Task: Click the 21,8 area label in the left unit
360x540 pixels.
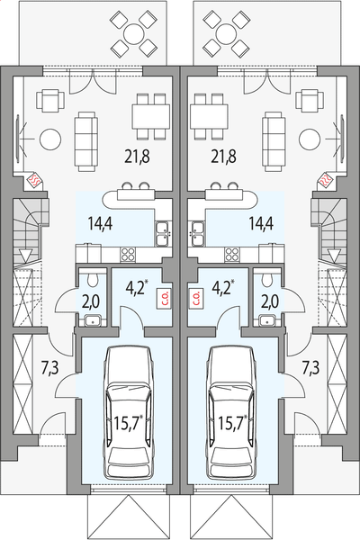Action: point(137,157)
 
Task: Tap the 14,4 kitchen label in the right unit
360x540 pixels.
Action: point(261,223)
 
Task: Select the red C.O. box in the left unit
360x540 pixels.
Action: point(164,298)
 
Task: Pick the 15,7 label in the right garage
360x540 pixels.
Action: point(233,423)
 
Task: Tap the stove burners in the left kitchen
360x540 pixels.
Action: point(128,256)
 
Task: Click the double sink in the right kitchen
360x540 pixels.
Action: point(198,234)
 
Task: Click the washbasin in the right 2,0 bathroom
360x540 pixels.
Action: point(267,320)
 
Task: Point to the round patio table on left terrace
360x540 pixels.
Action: point(134,34)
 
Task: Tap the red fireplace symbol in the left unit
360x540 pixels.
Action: point(35,179)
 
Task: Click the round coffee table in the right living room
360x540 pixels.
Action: point(310,139)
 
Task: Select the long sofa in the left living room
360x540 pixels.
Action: point(86,141)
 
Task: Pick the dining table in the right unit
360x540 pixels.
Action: point(209,116)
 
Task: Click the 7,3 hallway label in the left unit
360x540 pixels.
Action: point(50,367)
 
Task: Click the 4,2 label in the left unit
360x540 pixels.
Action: point(135,289)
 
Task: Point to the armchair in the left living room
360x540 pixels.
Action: point(50,100)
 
